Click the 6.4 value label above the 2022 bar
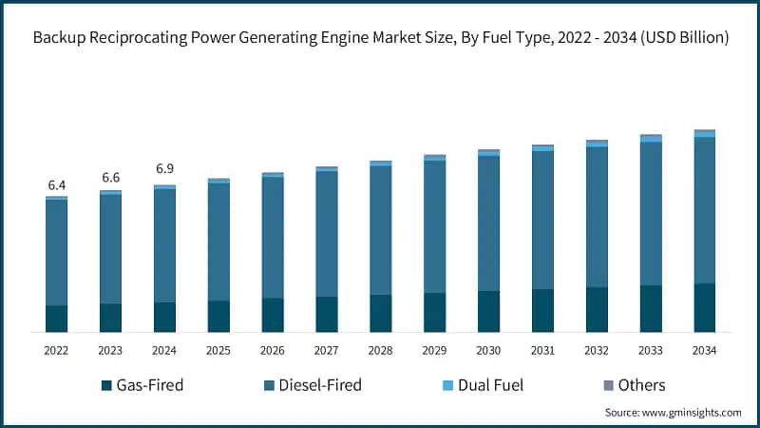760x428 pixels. tap(56, 185)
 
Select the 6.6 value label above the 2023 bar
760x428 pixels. tap(110, 178)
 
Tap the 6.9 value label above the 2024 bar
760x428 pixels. tap(164, 169)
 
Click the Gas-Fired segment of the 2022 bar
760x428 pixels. tap(56, 319)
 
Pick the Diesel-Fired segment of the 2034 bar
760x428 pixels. tap(704, 209)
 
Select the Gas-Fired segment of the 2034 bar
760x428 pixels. tap(704, 307)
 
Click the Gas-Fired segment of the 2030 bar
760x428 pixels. tap(488, 311)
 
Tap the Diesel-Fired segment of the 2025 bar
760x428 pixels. tap(218, 242)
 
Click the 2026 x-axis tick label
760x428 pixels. tap(273, 351)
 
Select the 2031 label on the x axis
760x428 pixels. tap(542, 351)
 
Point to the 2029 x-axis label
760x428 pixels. tap(434, 351)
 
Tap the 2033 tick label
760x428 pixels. tap(650, 351)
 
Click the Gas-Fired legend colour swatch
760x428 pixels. tap(106, 385)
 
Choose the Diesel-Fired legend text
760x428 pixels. tap(319, 385)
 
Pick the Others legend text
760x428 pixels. tap(641, 385)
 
